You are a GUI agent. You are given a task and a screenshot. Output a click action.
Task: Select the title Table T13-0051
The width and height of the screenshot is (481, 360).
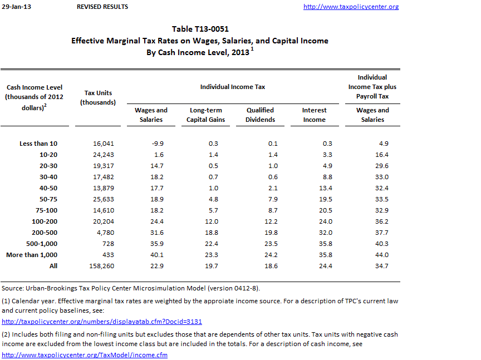[x=200, y=29]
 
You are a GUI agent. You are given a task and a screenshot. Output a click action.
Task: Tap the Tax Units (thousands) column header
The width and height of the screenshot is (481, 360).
[x=98, y=97]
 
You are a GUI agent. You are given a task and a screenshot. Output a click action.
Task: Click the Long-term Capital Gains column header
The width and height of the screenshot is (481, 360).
[x=206, y=115]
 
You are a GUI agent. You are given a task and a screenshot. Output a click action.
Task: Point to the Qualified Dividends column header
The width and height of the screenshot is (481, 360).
[x=261, y=115]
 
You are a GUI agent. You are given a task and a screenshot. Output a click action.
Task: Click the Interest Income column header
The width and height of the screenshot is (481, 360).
[x=314, y=115]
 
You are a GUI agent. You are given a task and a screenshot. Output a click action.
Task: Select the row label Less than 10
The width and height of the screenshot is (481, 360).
[x=38, y=144]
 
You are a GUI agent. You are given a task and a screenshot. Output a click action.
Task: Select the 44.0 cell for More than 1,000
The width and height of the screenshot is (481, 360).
[x=381, y=255]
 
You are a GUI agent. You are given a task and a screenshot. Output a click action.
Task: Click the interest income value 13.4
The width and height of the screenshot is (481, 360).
[x=325, y=188]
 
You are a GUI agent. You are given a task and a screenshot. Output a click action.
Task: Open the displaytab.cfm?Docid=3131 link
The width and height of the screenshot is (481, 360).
[x=102, y=321]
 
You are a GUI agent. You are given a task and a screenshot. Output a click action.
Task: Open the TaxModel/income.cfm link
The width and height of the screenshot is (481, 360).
[x=85, y=354]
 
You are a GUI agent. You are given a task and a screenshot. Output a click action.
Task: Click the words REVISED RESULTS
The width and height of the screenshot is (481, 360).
[x=102, y=7]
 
